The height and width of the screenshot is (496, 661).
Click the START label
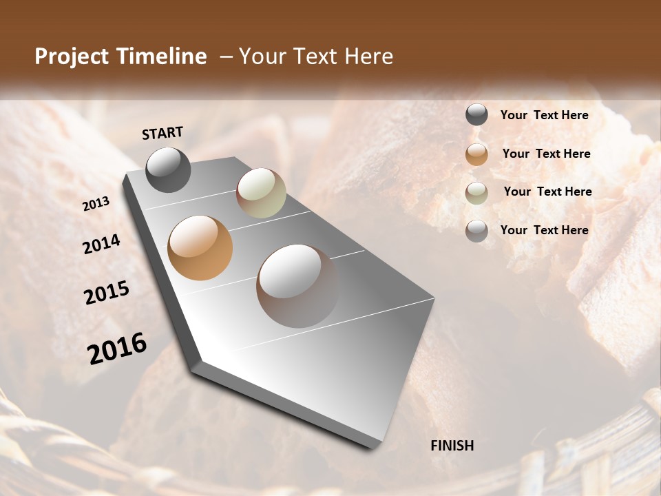[162, 133]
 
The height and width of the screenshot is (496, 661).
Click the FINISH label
[452, 446]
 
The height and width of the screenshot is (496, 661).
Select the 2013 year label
[96, 203]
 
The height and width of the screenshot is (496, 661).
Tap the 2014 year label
[101, 244]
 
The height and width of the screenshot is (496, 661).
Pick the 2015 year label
[107, 293]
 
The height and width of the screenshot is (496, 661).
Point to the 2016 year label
[117, 348]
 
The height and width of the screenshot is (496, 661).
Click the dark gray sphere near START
[168, 169]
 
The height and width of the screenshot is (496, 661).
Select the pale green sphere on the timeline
[261, 193]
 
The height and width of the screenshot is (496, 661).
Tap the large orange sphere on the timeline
[200, 247]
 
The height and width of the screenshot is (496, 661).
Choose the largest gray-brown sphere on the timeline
[297, 285]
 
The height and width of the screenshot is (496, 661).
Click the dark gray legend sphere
[476, 115]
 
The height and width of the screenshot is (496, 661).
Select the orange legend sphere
[476, 154]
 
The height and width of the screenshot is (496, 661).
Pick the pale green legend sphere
[476, 193]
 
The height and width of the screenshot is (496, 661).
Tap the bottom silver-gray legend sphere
[476, 231]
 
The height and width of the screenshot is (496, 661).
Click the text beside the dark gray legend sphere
[544, 115]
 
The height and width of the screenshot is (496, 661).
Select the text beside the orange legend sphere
[546, 154]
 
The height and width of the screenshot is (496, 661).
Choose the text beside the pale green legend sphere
[547, 192]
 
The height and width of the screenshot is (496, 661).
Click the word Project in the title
[72, 56]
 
